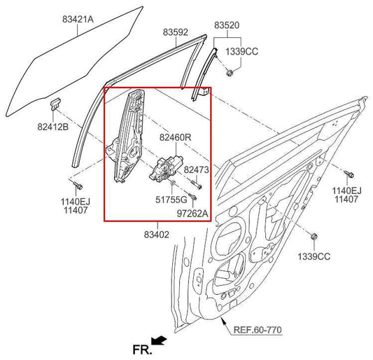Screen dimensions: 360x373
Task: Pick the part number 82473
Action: pyautogui.click(x=196, y=169)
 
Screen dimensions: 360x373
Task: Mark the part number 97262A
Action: pyautogui.click(x=192, y=212)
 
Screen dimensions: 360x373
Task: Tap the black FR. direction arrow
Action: pyautogui.click(x=160, y=340)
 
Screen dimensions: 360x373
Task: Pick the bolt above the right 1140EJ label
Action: pyautogui.click(x=346, y=172)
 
